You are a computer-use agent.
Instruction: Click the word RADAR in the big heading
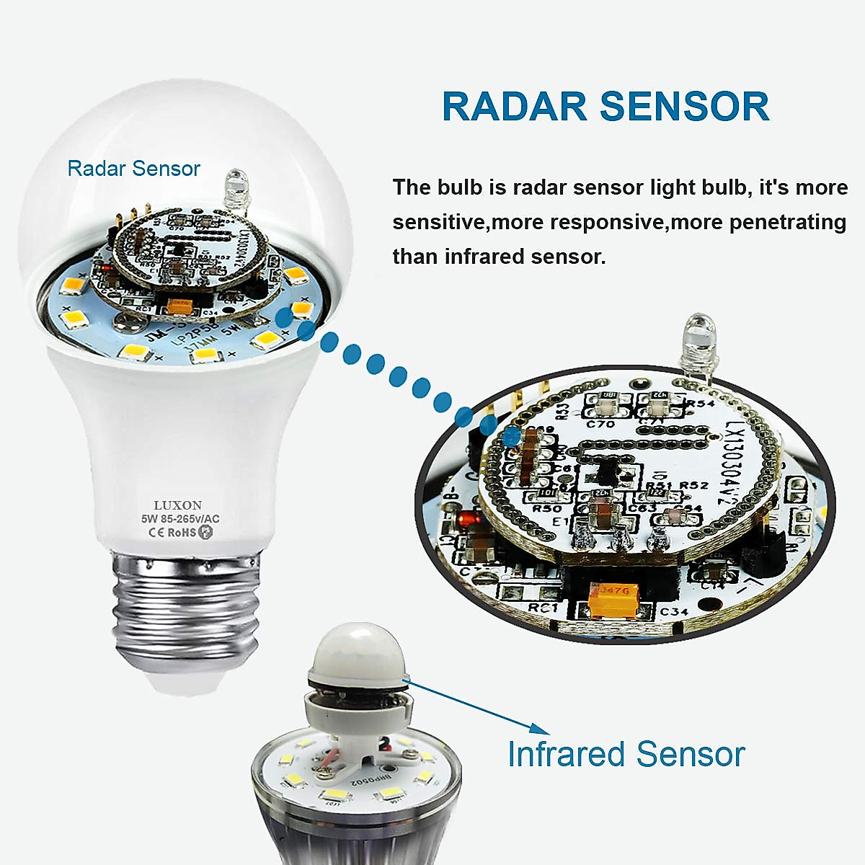tap(514, 106)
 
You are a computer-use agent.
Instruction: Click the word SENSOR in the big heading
tap(684, 106)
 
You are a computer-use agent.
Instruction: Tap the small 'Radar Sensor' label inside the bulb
tap(133, 169)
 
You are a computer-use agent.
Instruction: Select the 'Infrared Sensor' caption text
tap(626, 754)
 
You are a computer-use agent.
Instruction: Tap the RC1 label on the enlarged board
tap(544, 609)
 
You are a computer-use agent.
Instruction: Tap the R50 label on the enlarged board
tap(542, 508)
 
